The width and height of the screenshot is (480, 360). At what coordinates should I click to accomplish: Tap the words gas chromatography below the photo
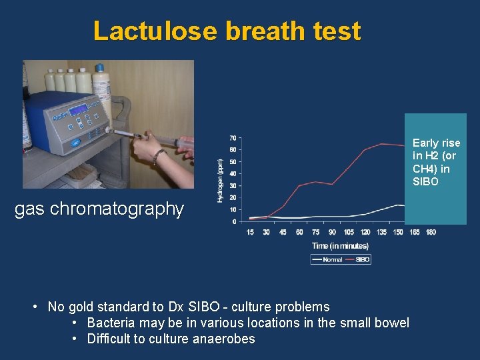[99, 209]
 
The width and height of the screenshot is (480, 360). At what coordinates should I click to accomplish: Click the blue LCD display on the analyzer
[79, 110]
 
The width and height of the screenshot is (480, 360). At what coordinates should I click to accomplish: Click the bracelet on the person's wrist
[158, 156]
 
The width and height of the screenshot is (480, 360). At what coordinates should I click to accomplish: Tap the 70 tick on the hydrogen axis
[233, 137]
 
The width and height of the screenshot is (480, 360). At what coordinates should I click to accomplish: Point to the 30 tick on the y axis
[233, 185]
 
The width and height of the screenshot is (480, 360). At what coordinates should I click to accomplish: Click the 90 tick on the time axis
[332, 232]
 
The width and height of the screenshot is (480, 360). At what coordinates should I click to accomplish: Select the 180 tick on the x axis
[431, 232]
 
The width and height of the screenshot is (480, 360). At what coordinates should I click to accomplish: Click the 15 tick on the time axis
[250, 232]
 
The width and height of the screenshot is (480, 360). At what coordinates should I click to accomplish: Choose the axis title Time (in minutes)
[340, 246]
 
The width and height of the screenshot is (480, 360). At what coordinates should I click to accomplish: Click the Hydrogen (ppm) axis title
[221, 180]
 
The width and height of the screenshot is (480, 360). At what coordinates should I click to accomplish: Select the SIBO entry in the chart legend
[363, 260]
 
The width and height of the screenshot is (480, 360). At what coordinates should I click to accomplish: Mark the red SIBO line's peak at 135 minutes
[381, 143]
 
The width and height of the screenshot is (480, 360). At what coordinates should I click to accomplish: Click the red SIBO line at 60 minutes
[299, 185]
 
